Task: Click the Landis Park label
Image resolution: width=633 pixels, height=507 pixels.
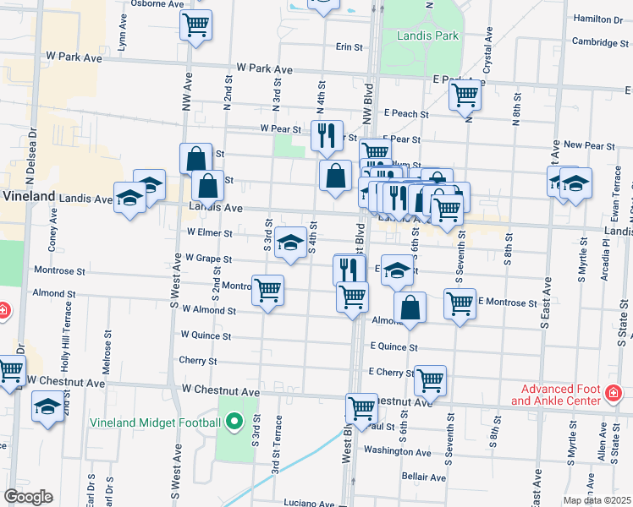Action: pyautogui.click(x=427, y=35)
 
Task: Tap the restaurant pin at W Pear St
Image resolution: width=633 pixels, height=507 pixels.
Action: pyautogui.click(x=326, y=134)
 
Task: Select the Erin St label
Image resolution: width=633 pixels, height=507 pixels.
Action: pyautogui.click(x=349, y=47)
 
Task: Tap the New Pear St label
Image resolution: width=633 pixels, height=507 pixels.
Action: pyautogui.click(x=594, y=144)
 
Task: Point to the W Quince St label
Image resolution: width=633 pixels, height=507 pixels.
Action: pyautogui.click(x=206, y=335)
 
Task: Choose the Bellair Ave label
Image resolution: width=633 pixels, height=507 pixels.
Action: pyautogui.click(x=424, y=477)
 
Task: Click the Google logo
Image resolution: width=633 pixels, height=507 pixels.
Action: pyautogui.click(x=28, y=497)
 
